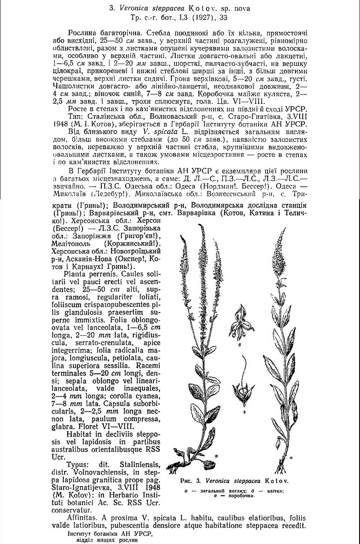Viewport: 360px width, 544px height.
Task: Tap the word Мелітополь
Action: coord(73,242)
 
